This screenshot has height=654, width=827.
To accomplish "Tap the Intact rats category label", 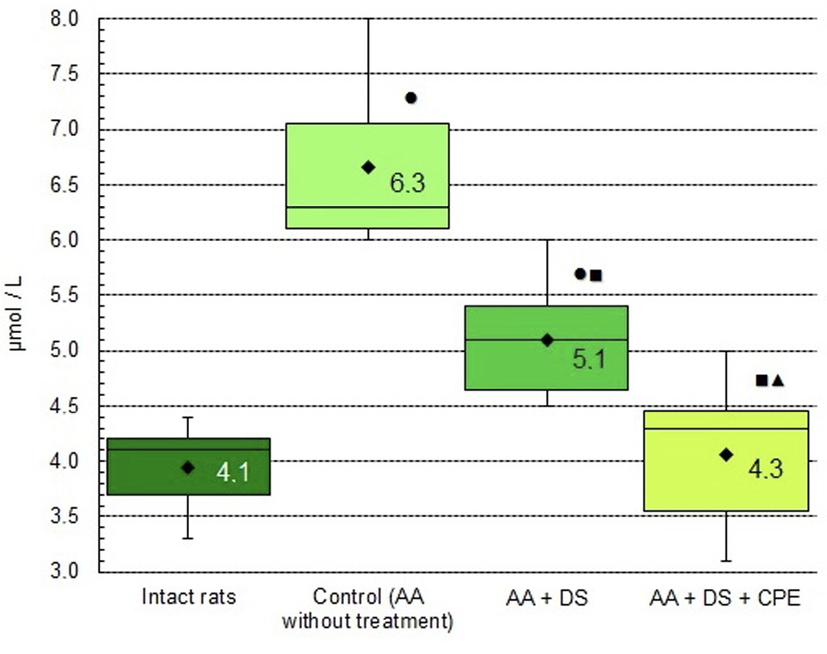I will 188,598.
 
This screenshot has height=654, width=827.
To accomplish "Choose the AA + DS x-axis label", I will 547,598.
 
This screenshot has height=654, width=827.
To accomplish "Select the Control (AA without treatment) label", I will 368,609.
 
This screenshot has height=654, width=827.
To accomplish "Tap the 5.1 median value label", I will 589,359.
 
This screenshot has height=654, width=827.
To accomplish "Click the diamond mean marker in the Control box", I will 368,167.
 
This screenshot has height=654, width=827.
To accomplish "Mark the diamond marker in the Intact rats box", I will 188,468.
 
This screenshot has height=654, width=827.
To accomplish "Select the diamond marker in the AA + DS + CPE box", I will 726,455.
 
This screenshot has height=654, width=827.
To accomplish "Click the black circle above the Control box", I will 411,98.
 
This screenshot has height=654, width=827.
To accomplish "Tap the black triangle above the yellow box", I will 778,381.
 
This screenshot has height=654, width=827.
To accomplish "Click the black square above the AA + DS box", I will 596,275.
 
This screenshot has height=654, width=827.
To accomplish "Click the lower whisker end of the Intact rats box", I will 188,538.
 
